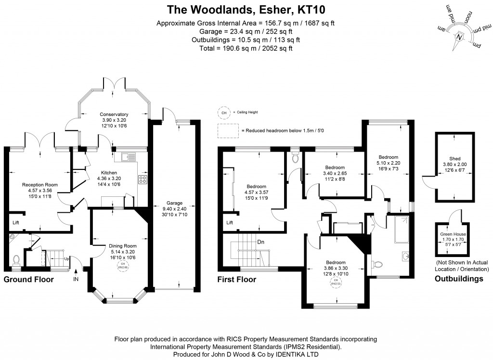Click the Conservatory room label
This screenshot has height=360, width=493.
point(114,114)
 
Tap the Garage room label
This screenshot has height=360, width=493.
point(175,203)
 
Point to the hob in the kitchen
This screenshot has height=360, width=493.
point(143,180)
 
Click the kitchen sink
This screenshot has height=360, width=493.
point(129,156)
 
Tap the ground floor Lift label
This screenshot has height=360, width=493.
point(16,222)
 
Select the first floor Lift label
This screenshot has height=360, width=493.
point(230,222)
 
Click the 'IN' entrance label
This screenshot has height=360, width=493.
point(76,279)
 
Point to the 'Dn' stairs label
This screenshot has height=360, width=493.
point(260,242)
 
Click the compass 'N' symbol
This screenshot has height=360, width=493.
point(459,37)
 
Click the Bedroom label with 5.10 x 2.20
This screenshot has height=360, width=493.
point(388,157)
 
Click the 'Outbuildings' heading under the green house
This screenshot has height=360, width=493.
point(459,279)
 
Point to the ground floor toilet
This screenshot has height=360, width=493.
point(16,259)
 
